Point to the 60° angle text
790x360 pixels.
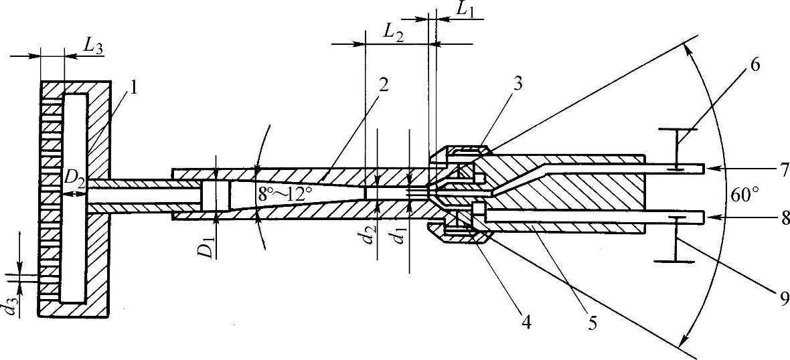[x=745, y=195]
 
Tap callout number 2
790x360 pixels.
[x=382, y=84]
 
